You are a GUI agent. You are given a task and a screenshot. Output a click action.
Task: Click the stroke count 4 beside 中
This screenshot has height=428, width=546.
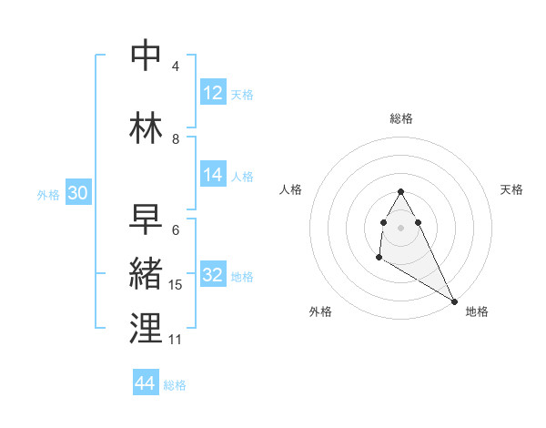click(176, 66)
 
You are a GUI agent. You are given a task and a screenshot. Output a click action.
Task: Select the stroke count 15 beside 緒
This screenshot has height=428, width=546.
click(176, 285)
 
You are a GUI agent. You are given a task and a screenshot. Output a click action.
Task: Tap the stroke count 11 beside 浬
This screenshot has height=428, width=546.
click(176, 339)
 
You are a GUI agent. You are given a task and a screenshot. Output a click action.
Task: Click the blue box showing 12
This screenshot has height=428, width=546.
click(213, 93)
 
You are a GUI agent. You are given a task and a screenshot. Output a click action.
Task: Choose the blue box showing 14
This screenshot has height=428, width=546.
click(213, 176)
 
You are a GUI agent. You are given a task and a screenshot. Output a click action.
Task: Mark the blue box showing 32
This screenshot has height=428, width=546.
click(213, 275)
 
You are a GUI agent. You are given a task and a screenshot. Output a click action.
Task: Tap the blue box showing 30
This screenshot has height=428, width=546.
click(77, 193)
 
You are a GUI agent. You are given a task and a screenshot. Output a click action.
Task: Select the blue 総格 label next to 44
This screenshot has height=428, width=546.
click(175, 385)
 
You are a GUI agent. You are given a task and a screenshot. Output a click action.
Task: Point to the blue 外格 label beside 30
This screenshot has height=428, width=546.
click(48, 195)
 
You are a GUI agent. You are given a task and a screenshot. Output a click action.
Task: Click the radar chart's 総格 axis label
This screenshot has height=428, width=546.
click(401, 118)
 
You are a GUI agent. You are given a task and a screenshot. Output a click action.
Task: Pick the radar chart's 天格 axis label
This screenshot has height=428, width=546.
click(511, 189)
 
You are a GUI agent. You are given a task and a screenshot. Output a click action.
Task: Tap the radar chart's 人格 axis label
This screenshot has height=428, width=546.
click(290, 189)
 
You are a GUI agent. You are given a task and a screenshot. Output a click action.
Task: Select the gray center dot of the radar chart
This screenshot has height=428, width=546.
click(401, 226)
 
